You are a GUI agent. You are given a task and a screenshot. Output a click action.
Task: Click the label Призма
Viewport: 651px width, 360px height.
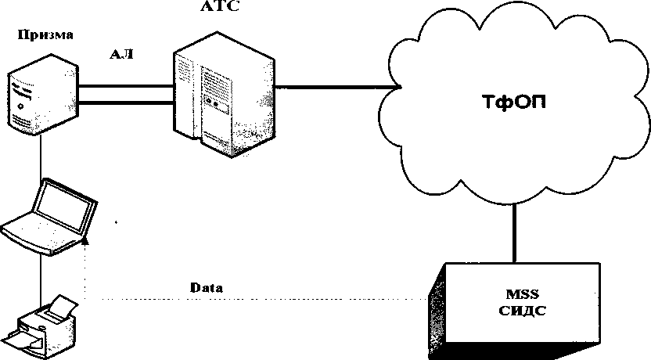tap(45, 35)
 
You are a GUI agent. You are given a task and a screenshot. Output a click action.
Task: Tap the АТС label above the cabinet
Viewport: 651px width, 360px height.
tap(220, 6)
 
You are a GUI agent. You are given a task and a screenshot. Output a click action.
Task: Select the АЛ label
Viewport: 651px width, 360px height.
tap(121, 54)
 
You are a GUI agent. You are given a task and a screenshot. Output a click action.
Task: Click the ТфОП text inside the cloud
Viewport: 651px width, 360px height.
tap(514, 103)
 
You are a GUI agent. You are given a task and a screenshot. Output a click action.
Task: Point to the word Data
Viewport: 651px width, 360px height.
tap(207, 288)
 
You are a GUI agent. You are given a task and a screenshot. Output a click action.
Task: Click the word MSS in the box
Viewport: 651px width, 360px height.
tap(523, 294)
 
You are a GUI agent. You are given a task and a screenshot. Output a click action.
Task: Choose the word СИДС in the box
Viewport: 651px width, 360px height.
tap(522, 311)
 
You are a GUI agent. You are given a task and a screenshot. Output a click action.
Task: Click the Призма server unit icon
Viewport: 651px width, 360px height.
tap(43, 95)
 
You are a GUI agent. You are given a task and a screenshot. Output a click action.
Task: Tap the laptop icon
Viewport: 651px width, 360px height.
tap(49, 216)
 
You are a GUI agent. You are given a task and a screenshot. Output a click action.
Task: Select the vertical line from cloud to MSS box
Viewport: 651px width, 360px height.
tap(514, 232)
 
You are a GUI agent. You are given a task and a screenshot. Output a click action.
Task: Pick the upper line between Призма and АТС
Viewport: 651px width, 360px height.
tap(126, 86)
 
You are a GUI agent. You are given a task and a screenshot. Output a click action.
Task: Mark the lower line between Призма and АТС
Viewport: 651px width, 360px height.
tap(126, 103)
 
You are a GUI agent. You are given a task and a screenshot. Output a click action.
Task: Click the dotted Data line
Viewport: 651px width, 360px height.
tap(256, 298)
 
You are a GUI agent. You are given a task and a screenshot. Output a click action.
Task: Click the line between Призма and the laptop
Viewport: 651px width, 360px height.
tap(41, 157)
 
